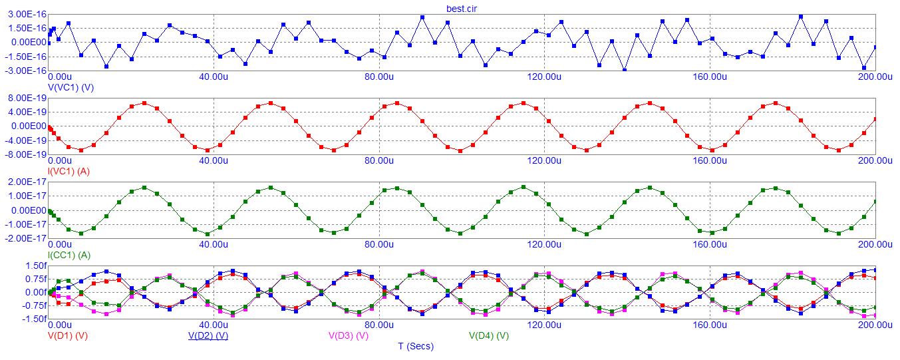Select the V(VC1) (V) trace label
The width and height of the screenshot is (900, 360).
click(x=71, y=87)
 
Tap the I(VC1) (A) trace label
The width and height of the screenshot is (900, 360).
click(x=69, y=171)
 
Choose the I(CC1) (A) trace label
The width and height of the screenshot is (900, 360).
click(x=69, y=255)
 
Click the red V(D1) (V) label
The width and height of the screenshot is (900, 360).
click(x=67, y=335)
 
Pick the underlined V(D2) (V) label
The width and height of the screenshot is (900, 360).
click(x=208, y=335)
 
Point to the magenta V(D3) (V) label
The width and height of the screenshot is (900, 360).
click(x=349, y=335)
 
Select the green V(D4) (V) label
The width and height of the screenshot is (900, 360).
click(x=489, y=335)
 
